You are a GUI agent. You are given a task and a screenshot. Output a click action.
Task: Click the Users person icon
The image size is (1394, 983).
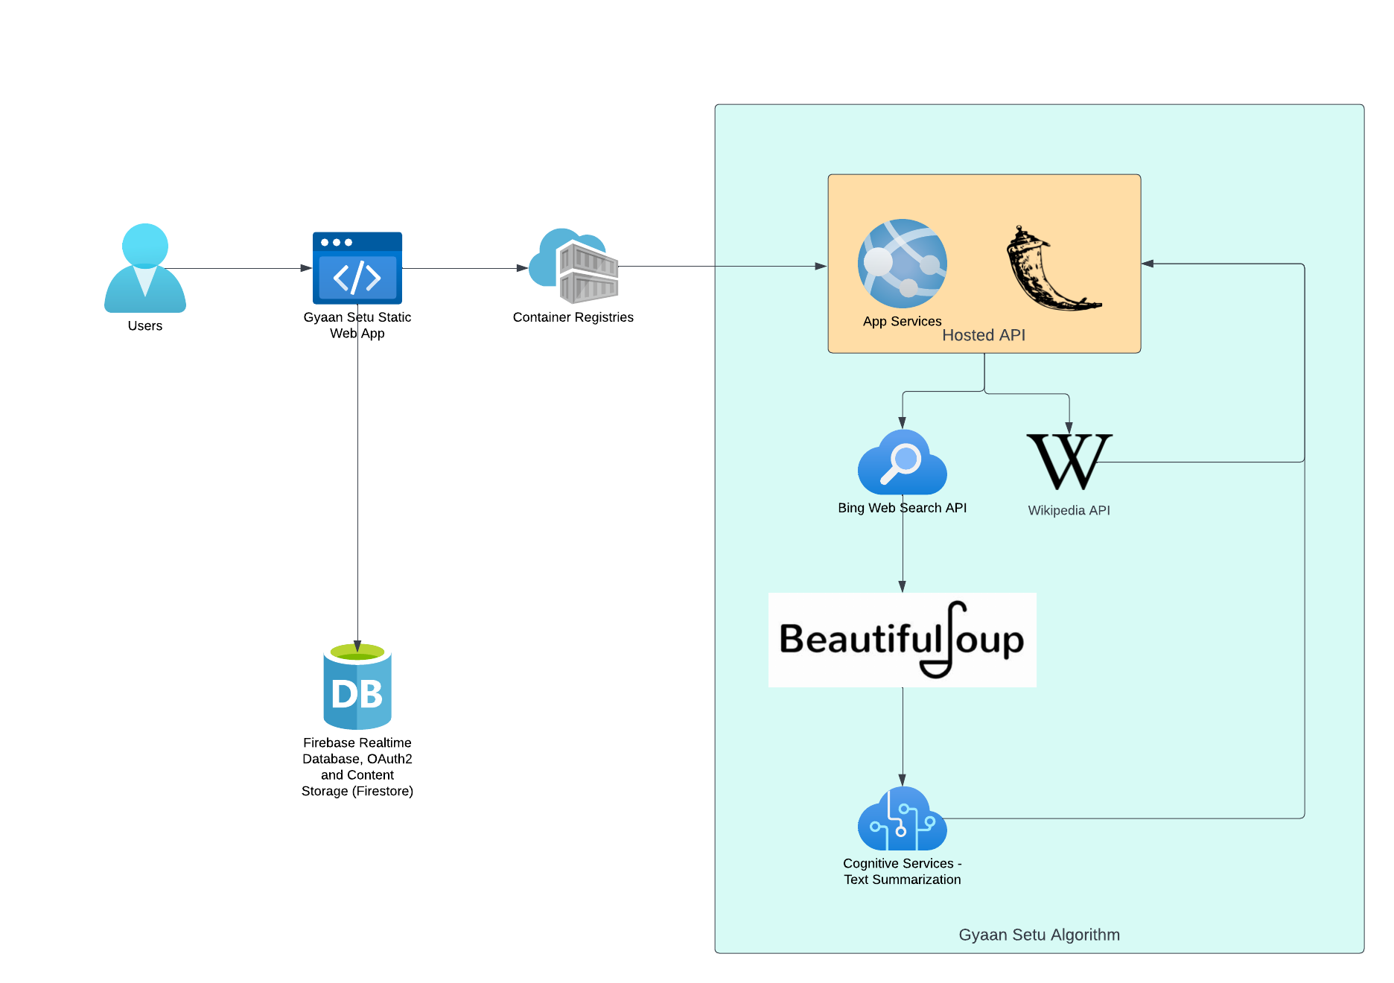coord(145,268)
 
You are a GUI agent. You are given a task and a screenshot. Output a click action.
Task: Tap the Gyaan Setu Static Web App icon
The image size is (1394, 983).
coord(357,268)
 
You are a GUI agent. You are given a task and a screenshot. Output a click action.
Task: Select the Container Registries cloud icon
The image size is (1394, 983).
coord(573,266)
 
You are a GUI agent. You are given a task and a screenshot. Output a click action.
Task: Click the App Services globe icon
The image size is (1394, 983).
coord(903,264)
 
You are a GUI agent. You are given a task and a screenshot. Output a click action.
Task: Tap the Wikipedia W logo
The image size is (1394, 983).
coord(1069,462)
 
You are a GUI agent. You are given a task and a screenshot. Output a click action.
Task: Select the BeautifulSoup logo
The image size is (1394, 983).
coord(903,640)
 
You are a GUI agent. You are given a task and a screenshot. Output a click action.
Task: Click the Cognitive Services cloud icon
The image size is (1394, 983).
coord(903,818)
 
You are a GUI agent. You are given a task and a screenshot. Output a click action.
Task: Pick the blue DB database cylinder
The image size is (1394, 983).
coord(357,687)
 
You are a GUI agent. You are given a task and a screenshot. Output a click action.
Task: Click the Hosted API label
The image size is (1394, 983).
coord(984,335)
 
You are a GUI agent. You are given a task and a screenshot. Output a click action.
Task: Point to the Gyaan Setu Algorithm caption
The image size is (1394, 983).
coord(1039,935)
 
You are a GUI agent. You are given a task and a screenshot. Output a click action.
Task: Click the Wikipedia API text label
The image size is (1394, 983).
coord(1069,510)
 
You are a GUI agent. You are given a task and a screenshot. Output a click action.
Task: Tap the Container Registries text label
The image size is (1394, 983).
coord(573,317)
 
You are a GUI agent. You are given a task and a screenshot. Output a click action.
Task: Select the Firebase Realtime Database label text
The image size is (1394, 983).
coord(357,766)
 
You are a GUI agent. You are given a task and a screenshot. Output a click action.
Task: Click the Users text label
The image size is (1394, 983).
coord(145,325)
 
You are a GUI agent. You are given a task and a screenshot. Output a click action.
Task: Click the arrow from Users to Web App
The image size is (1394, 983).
coord(238,268)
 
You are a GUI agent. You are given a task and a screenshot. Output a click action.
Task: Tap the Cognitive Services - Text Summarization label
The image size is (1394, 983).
coord(903,871)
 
